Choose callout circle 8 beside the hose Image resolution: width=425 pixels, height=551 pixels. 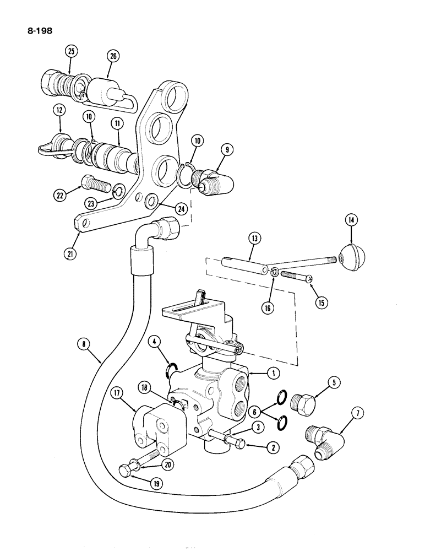coord(84,345)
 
